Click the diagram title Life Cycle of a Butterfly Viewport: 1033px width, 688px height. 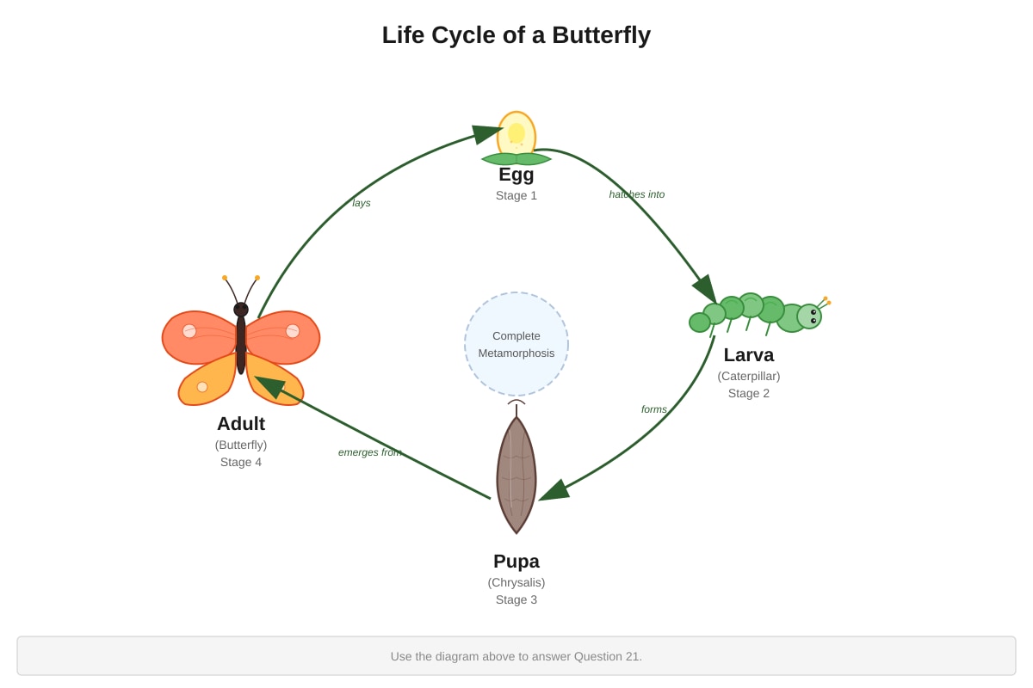click(x=516, y=35)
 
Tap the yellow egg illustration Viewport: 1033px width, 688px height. click(x=516, y=133)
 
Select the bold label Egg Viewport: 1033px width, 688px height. click(x=516, y=175)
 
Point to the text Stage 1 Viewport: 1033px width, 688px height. click(x=516, y=196)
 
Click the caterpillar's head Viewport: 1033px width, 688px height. click(x=809, y=316)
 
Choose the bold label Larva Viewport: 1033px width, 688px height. click(x=748, y=355)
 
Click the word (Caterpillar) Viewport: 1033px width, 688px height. click(x=748, y=377)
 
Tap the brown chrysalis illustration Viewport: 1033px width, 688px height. click(x=516, y=475)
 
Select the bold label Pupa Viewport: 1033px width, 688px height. click(x=516, y=562)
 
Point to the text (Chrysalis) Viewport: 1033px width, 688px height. click(x=516, y=583)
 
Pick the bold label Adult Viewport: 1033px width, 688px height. click(x=241, y=424)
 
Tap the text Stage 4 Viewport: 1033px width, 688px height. click(x=241, y=462)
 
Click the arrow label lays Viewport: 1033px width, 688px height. click(x=361, y=203)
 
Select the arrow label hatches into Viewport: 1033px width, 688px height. click(x=636, y=194)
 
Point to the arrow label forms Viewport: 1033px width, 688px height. click(x=653, y=409)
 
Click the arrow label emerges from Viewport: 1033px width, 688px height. click(x=369, y=452)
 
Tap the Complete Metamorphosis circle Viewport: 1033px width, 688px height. click(x=516, y=344)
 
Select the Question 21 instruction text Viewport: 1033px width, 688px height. click(x=516, y=657)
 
